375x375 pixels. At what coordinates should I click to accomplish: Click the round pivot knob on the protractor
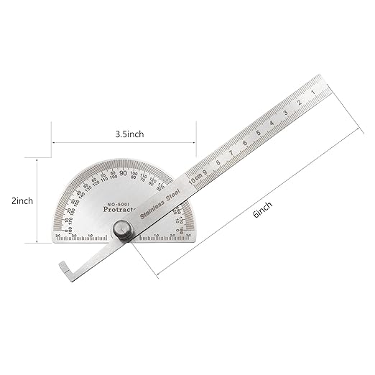(x=123, y=232)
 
